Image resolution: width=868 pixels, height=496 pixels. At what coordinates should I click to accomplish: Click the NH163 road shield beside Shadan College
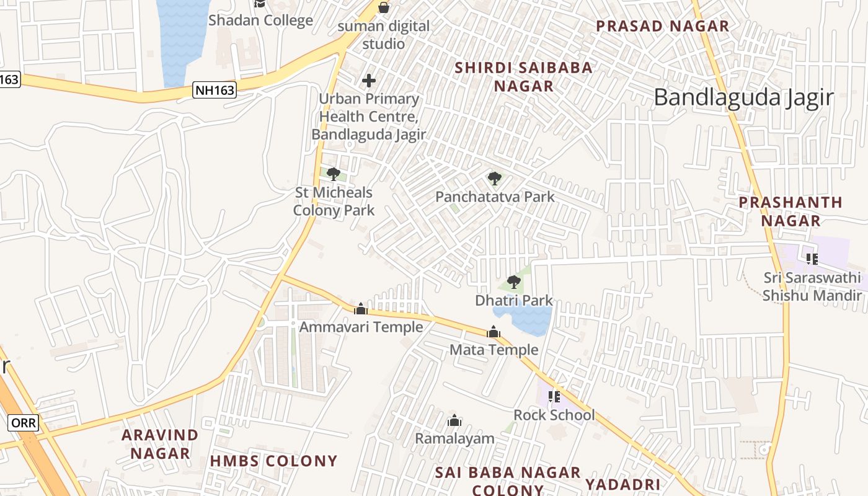tap(215, 91)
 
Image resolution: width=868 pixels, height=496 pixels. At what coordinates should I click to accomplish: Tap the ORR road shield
tap(24, 423)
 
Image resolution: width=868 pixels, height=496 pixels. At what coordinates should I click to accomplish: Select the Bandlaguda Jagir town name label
tap(744, 98)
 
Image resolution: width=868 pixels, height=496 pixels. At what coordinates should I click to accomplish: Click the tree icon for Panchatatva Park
tap(494, 179)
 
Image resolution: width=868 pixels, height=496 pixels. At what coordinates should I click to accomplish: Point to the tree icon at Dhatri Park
tap(513, 282)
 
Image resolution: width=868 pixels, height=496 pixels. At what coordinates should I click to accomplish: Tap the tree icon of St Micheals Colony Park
tap(334, 174)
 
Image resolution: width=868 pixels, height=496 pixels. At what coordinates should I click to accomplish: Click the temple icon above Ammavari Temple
tap(361, 309)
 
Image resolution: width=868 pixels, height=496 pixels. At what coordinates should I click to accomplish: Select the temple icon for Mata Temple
tap(494, 332)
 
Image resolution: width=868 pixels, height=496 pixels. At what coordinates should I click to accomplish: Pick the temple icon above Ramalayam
tap(454, 421)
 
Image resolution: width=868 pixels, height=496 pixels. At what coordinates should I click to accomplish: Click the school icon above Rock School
tap(554, 396)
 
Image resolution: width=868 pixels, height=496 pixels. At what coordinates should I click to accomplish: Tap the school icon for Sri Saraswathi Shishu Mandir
tap(812, 259)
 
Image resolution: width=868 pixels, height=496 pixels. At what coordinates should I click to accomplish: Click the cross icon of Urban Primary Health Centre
tap(369, 81)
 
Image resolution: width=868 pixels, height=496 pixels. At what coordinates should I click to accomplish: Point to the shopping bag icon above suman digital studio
tap(384, 7)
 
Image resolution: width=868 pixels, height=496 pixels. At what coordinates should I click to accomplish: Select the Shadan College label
tap(260, 20)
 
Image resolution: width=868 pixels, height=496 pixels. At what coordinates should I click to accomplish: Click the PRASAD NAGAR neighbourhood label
tap(663, 26)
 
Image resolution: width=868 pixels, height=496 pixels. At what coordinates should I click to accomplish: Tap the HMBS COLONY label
tap(273, 461)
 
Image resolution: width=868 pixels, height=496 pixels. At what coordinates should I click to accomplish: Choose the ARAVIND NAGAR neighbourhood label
tap(160, 444)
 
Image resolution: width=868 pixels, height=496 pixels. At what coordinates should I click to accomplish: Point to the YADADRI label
tap(623, 484)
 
